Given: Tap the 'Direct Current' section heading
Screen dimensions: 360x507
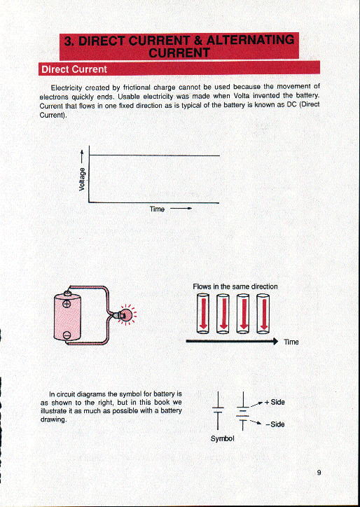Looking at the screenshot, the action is click(74, 69).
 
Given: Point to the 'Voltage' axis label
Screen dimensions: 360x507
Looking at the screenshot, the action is click(83, 179).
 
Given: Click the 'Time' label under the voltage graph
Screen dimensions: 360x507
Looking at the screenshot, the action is click(157, 209).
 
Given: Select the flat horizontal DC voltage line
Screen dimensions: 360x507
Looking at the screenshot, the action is click(154, 155).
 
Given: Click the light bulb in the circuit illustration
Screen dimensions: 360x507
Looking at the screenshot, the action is click(127, 315).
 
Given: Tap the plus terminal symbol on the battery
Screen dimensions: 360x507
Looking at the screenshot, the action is click(67, 304).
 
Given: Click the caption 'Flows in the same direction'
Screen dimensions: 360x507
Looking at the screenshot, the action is click(235, 286).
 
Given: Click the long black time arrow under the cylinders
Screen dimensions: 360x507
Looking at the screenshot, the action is click(231, 342).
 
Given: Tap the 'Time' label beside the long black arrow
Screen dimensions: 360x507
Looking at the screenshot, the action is click(291, 342).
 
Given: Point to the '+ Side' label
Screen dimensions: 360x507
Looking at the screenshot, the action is click(274, 403).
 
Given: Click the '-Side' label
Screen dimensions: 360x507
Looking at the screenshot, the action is click(275, 424).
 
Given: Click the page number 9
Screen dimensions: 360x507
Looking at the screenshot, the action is click(319, 472).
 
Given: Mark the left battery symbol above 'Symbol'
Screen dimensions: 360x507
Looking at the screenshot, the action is click(219, 409).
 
